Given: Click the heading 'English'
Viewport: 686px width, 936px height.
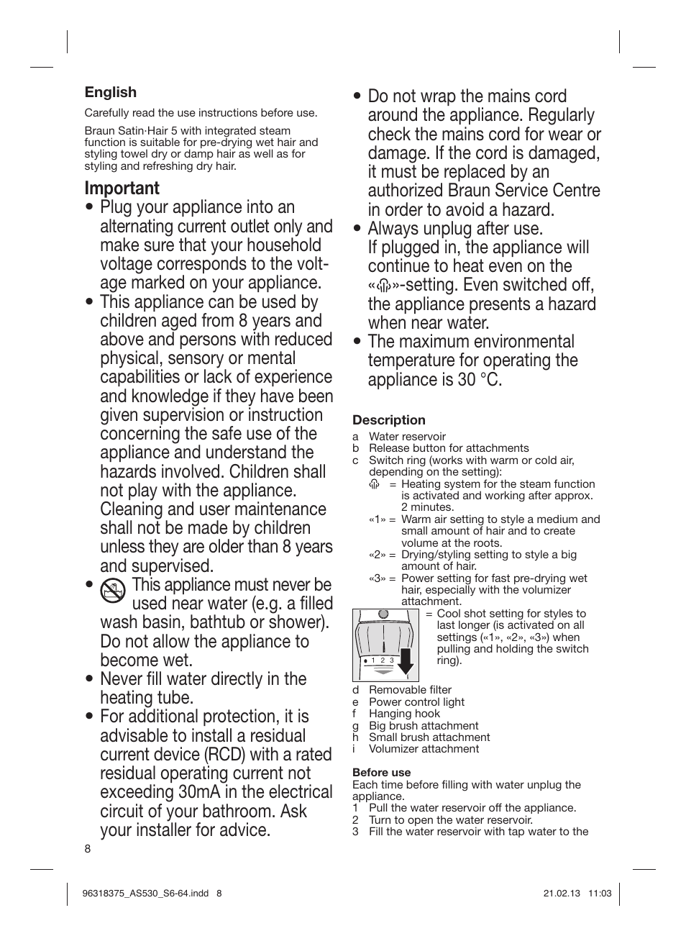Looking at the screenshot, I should pyautogui.click(x=110, y=92).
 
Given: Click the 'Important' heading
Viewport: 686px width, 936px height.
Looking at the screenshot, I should pyautogui.click(x=122, y=188).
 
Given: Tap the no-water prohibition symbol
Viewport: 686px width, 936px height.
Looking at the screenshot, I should pyautogui.click(x=113, y=591).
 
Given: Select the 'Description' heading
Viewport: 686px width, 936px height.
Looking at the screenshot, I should pyautogui.click(x=388, y=420).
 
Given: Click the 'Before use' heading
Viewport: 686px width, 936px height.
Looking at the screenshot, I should pyautogui.click(x=381, y=773).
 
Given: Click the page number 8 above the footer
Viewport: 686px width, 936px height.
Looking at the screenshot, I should pyautogui.click(x=88, y=849).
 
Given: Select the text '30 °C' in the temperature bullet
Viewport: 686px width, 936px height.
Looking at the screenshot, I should pyautogui.click(x=480, y=379).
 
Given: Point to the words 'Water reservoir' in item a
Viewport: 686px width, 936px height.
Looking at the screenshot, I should pyautogui.click(x=407, y=437).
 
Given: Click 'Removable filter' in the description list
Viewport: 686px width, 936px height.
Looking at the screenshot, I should pyautogui.click(x=410, y=690).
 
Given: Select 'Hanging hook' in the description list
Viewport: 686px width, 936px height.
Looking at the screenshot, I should pyautogui.click(x=404, y=714).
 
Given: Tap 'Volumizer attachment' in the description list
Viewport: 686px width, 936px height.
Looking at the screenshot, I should pyautogui.click(x=424, y=749).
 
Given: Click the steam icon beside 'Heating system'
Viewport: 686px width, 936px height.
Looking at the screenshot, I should pyautogui.click(x=373, y=484).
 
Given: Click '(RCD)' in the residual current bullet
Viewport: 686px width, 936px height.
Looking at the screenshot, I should pyautogui.click(x=229, y=755).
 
